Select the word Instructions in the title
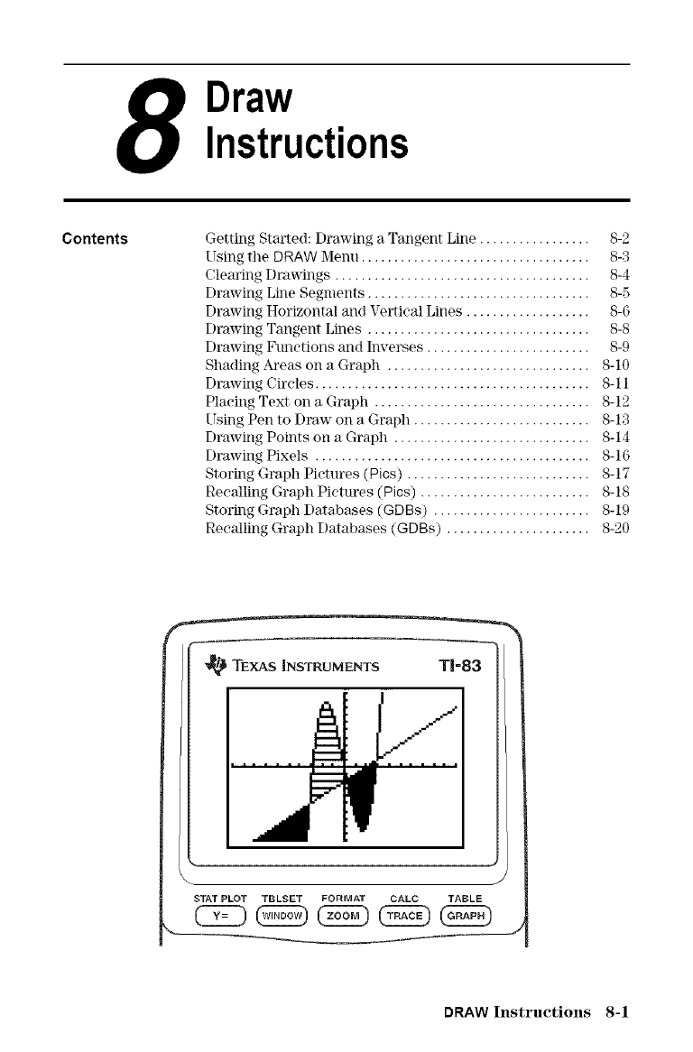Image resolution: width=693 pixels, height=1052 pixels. pyautogui.click(x=307, y=142)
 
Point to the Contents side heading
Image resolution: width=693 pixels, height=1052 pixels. pyautogui.click(x=95, y=239)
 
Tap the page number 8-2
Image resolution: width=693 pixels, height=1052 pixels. pyautogui.click(x=619, y=239)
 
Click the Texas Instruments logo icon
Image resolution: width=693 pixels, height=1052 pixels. pyautogui.click(x=217, y=666)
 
